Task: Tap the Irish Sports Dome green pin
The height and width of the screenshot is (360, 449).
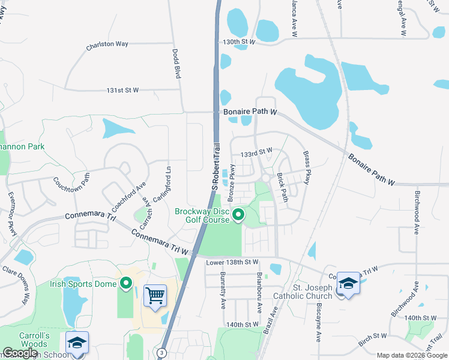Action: coord(126,283)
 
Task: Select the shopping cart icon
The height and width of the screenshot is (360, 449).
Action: coord(155,295)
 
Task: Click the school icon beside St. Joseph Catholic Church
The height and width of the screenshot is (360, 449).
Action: coord(348,284)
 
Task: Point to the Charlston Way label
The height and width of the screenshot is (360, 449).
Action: coord(107,44)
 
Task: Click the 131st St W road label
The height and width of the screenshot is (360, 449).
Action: coord(122,90)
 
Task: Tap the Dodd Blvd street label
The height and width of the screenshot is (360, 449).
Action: coord(177,64)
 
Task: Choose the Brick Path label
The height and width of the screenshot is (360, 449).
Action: coord(283,187)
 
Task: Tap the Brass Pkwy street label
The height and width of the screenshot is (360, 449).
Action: coord(307,167)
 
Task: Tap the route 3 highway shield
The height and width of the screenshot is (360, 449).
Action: coord(161,353)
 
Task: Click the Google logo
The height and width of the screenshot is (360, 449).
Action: coord(20,353)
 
